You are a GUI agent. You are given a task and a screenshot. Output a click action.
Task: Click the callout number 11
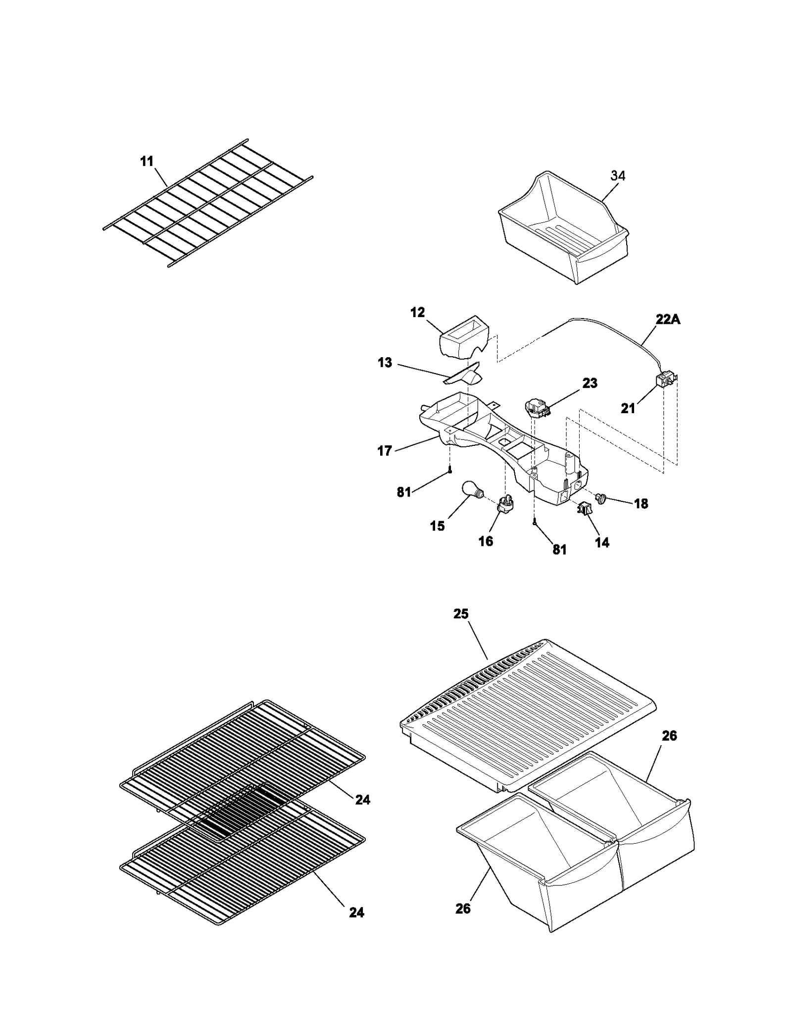pyautogui.click(x=147, y=162)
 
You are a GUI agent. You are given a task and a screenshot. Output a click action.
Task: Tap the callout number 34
pyautogui.click(x=618, y=175)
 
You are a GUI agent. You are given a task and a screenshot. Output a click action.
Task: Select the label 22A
pyautogui.click(x=668, y=320)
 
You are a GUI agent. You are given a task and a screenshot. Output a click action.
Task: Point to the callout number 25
pyautogui.click(x=461, y=614)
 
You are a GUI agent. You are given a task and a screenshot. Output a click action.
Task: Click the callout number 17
pyautogui.click(x=385, y=451)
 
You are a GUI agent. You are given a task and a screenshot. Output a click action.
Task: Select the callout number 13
pyautogui.click(x=385, y=363)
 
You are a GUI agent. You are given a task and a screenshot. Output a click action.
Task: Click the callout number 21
pyautogui.click(x=628, y=408)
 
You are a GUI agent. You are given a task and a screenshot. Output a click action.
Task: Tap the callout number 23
pyautogui.click(x=590, y=383)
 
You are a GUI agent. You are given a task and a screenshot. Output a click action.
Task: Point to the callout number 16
pyautogui.click(x=486, y=541)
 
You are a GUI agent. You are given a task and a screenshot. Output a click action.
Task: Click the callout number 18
pyautogui.click(x=641, y=504)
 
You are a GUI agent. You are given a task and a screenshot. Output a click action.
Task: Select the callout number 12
pyautogui.click(x=418, y=313)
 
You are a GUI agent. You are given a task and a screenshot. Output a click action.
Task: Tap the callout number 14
pyautogui.click(x=602, y=542)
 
